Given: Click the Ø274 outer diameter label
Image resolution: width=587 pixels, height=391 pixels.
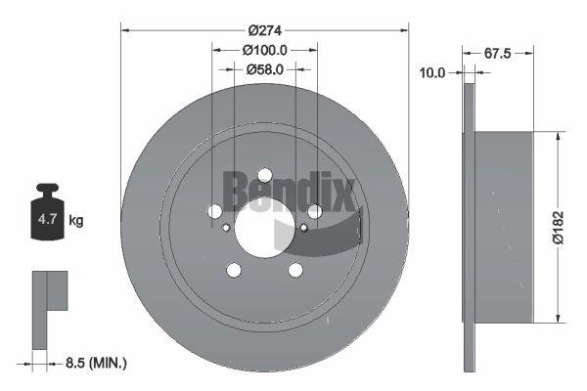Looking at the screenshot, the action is click(265, 30).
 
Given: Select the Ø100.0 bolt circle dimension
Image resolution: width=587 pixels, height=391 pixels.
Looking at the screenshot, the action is click(265, 50).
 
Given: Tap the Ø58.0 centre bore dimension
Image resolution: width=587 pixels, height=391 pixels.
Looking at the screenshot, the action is click(265, 69).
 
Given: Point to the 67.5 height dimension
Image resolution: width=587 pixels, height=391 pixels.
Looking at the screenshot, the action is click(498, 54).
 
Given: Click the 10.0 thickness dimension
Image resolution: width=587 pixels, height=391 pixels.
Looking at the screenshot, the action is click(432, 73).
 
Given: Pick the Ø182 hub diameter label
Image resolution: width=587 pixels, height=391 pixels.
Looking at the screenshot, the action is click(559, 228).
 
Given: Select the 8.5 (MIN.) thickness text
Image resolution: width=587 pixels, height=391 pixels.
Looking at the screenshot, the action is click(96, 363).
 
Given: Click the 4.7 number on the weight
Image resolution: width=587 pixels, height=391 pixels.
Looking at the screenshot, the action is click(48, 219).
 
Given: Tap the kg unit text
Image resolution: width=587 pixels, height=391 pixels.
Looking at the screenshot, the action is click(76, 220).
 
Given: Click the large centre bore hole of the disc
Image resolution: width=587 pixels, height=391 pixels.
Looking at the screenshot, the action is click(265, 228).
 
